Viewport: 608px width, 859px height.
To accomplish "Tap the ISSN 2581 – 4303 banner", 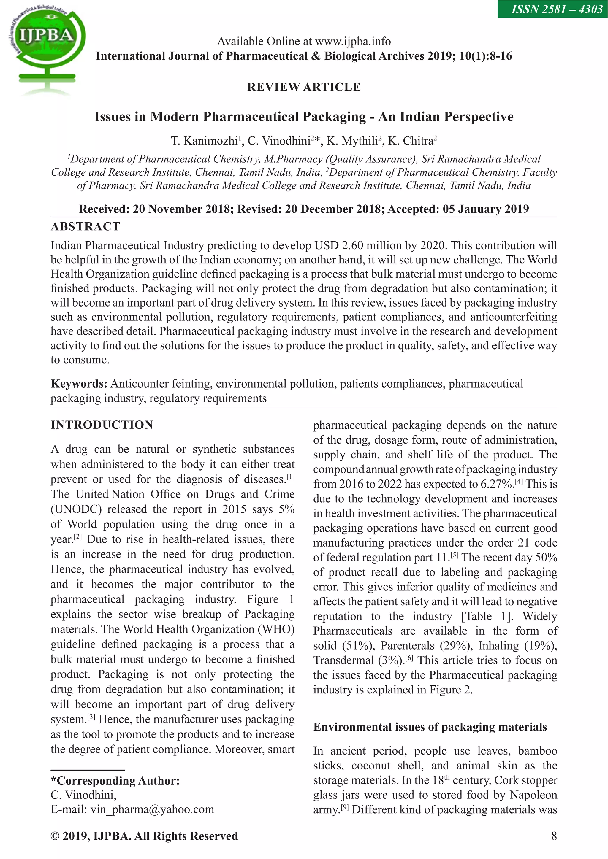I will coord(552,9).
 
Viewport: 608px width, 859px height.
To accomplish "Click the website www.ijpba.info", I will coord(353,41).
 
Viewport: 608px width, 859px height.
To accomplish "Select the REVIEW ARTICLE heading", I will coord(304,87).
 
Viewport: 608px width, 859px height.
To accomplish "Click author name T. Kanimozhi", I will coord(205,141).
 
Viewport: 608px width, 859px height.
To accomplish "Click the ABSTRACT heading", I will coord(85,227).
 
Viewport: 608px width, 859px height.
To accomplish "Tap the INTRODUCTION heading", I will coord(102,425).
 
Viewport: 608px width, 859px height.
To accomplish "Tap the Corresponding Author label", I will coord(115,781).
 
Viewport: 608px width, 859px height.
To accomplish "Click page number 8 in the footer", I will coord(554,836).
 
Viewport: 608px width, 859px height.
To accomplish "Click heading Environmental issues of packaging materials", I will coord(430,727).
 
